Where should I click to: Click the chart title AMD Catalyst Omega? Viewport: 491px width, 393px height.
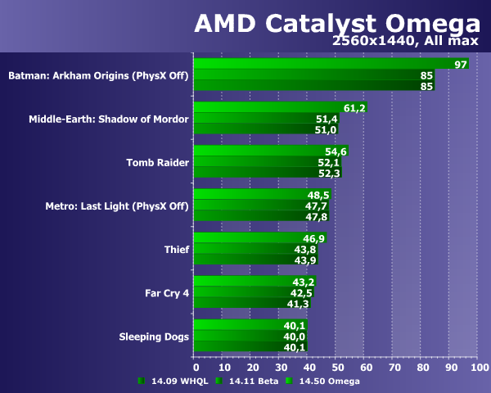tap(337, 23)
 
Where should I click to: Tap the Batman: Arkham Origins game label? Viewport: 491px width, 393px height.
tap(98, 76)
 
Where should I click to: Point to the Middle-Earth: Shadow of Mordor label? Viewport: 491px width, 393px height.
tap(109, 120)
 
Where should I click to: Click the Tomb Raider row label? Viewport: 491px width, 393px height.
tap(157, 163)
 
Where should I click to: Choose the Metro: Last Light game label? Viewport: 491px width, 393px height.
tap(116, 206)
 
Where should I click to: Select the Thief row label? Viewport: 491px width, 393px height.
tap(177, 250)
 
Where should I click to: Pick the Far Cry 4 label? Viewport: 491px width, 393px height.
tap(166, 292)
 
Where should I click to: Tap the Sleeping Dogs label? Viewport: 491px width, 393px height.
tap(154, 336)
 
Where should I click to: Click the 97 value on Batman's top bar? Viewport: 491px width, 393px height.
tap(461, 65)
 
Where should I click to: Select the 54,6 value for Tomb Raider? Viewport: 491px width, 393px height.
tap(336, 151)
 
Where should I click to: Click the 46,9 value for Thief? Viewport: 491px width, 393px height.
tap(314, 238)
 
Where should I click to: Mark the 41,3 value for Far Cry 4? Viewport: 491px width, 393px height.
tap(299, 303)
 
